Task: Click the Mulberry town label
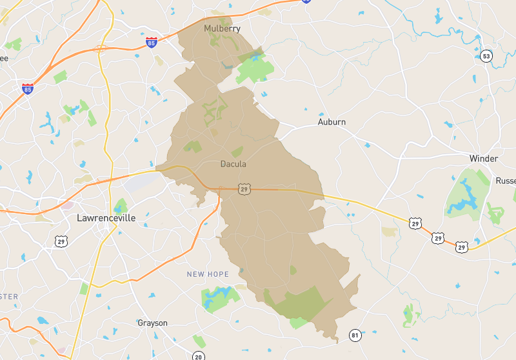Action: click(x=222, y=28)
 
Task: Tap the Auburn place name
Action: click(x=332, y=122)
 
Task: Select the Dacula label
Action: click(x=233, y=164)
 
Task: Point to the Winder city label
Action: click(x=483, y=159)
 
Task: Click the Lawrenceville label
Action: click(x=106, y=218)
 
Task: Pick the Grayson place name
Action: click(x=152, y=323)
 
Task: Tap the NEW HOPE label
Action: click(x=208, y=274)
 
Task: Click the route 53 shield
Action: click(x=486, y=57)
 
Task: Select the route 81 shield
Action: click(x=355, y=335)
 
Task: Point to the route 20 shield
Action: click(x=198, y=355)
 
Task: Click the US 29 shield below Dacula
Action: click(x=243, y=188)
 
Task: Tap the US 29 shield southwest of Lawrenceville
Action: click(x=62, y=241)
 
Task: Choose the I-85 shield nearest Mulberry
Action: click(x=151, y=43)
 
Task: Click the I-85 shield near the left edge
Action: click(x=28, y=88)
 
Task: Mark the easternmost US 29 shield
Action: click(x=461, y=246)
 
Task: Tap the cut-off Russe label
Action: click(x=505, y=181)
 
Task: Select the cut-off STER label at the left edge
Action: click(x=9, y=297)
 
